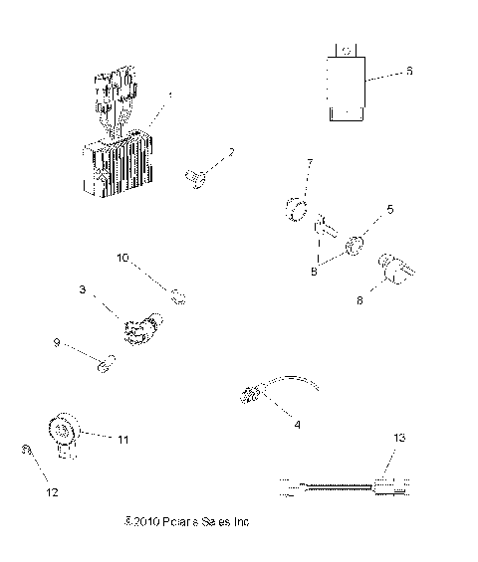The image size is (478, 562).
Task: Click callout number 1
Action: (170, 95)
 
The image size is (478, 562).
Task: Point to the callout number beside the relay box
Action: (407, 72)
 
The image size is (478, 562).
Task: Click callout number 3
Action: (83, 290)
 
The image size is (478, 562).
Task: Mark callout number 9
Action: (57, 343)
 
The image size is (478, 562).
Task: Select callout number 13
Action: (399, 438)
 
